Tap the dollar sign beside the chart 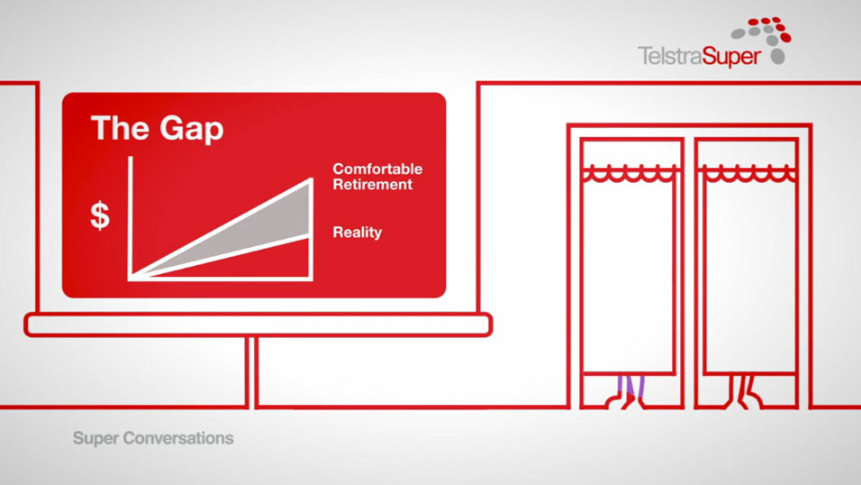(100, 215)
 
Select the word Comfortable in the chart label (377, 169)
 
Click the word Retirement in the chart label (372, 184)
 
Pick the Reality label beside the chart (357, 232)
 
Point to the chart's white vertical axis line (130, 218)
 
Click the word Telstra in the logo (669, 56)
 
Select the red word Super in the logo (731, 57)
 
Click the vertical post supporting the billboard (252, 372)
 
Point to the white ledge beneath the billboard (258, 325)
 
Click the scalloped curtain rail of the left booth (629, 174)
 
